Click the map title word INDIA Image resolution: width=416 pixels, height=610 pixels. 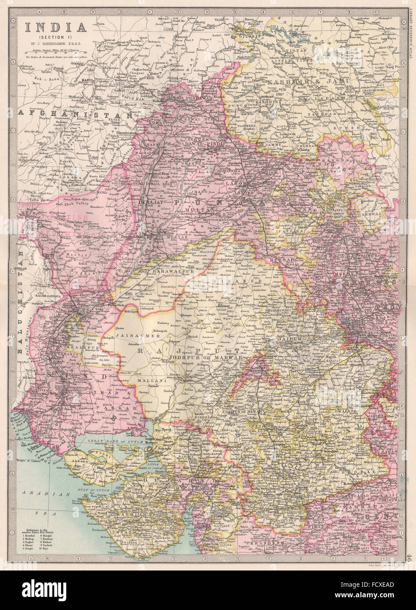[55, 27]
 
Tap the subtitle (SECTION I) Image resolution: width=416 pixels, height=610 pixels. [55, 36]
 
